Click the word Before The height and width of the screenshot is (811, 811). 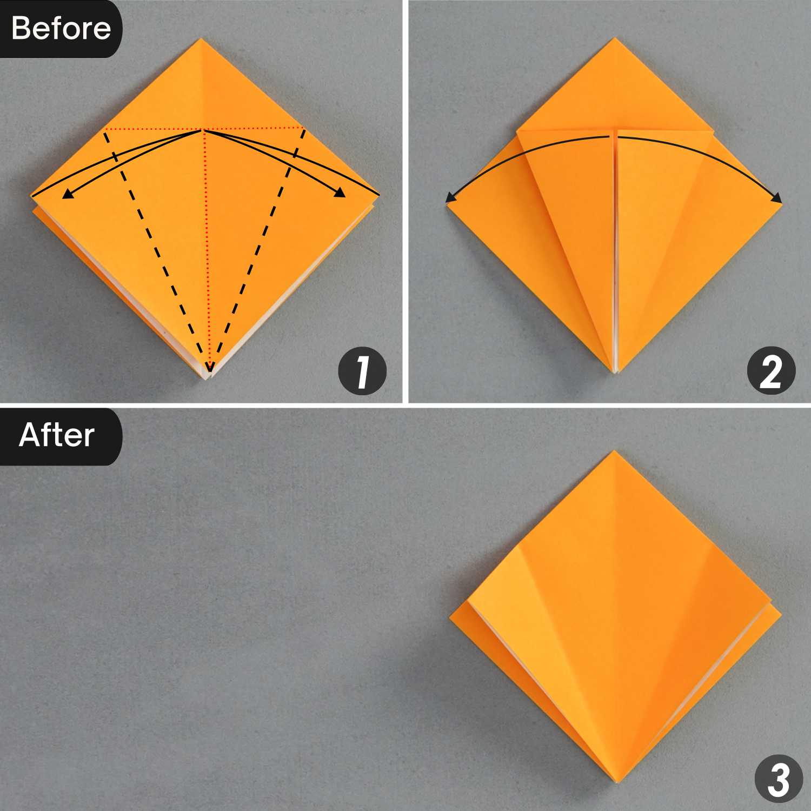61,28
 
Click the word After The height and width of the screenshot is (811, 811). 57,435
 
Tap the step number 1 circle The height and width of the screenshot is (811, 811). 362,371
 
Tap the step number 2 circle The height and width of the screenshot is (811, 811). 771,371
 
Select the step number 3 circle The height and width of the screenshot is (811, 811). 779,779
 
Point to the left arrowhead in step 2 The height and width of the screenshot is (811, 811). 451,198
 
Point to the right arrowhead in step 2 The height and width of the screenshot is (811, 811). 776,198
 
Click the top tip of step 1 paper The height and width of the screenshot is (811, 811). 201,38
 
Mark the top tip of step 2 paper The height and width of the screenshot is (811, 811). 615,38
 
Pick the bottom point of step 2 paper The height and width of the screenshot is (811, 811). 616,373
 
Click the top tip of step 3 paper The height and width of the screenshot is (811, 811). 614,451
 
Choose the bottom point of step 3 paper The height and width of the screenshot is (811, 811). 617,782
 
